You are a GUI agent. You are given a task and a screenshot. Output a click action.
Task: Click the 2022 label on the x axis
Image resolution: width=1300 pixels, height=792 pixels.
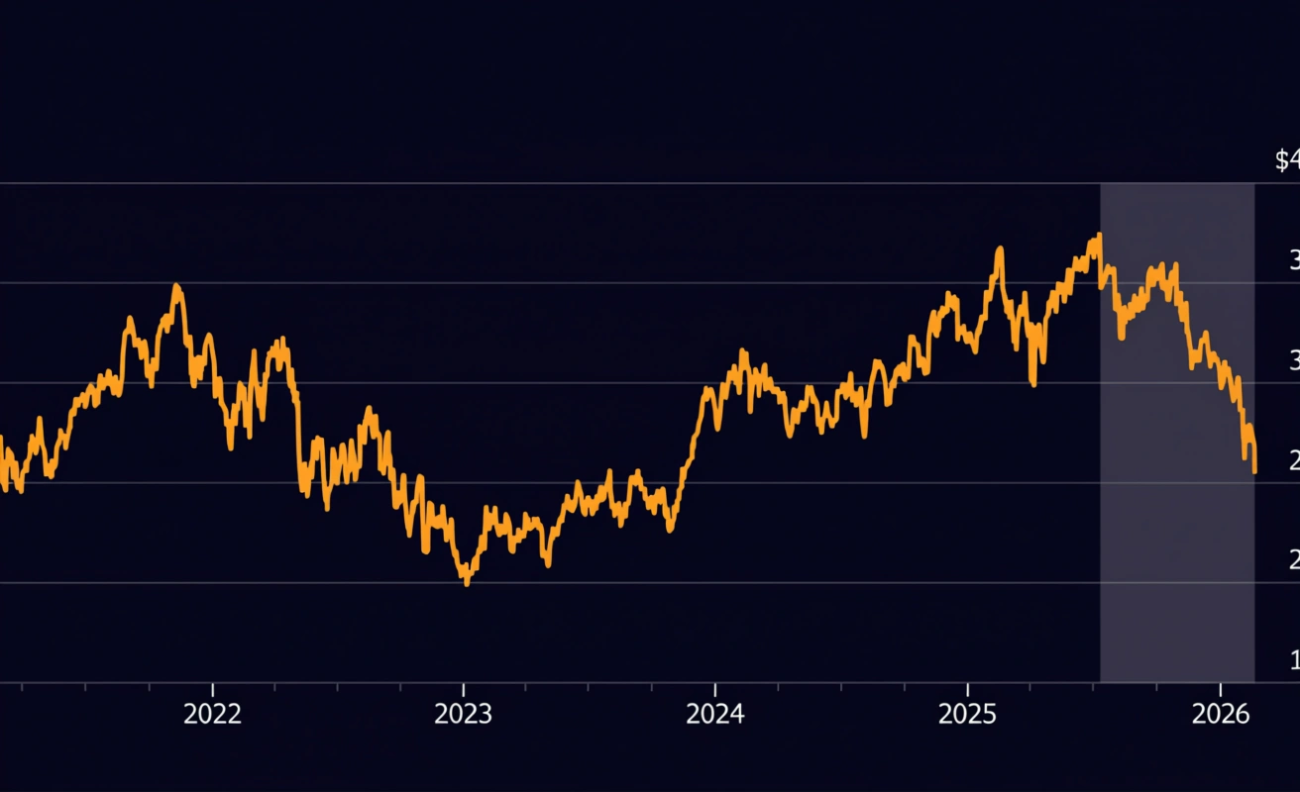[x=212, y=715]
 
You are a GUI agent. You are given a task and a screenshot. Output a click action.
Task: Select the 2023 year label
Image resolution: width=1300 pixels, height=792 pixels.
[x=463, y=715]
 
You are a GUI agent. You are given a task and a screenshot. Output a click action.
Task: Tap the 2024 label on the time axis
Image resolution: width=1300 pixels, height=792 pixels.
[x=714, y=715]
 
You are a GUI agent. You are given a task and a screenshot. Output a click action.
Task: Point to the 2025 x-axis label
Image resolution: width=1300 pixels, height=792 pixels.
[x=967, y=715]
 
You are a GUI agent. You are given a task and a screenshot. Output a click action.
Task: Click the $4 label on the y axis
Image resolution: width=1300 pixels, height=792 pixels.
[x=1287, y=160]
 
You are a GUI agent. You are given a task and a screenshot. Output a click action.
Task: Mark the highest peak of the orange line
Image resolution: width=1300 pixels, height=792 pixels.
[x=1098, y=236]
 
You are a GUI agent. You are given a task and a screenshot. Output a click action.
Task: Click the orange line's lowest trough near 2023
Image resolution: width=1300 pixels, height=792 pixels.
[x=467, y=583]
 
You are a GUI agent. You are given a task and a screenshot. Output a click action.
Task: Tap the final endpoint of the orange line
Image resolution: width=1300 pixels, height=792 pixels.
[x=1254, y=472]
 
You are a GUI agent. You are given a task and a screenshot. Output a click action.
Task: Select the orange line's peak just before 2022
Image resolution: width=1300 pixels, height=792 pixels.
[x=176, y=286]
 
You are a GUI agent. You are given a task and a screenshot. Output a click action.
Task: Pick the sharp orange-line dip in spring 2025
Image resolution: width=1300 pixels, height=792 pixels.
[x=1033, y=383]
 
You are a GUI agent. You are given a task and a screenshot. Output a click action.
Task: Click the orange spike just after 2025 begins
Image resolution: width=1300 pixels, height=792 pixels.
[x=999, y=249]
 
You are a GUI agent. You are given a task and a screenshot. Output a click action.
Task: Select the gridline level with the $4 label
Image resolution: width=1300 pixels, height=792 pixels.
[x=595, y=183]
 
